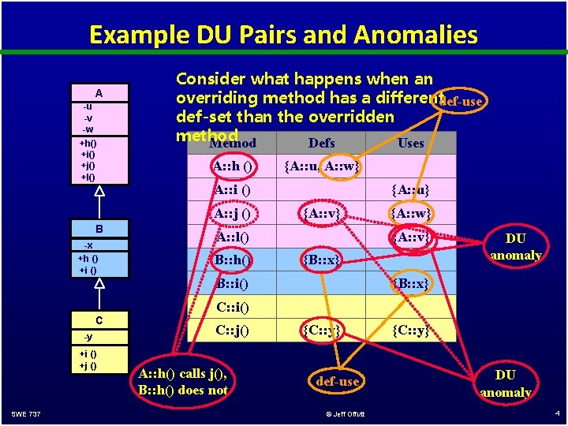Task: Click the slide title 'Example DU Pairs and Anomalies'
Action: click(x=283, y=35)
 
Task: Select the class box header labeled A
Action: click(x=99, y=93)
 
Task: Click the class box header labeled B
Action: click(x=99, y=230)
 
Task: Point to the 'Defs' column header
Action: click(x=321, y=143)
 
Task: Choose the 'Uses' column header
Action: click(x=410, y=143)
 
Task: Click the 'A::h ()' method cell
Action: click(x=233, y=166)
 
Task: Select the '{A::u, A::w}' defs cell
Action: click(x=321, y=166)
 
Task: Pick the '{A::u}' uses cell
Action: click(x=410, y=190)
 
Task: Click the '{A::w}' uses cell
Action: click(x=410, y=214)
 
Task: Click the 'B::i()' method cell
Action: click(x=233, y=283)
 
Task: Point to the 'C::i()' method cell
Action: click(x=233, y=307)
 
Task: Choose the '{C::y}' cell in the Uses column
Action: click(x=410, y=331)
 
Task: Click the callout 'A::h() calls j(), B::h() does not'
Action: click(x=183, y=382)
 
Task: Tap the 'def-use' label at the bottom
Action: click(x=337, y=382)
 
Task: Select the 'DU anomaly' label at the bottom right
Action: click(x=505, y=383)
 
